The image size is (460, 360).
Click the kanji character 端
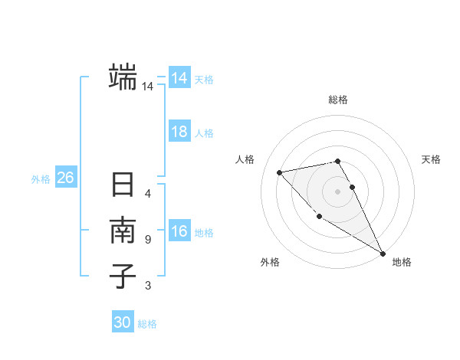123,77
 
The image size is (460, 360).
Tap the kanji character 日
123,186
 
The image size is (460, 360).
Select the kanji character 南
123,231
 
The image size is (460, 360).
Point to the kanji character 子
123,276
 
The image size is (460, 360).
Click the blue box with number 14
179,78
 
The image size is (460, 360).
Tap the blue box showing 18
179,132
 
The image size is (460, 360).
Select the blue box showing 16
179,232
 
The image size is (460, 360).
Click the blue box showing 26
65,178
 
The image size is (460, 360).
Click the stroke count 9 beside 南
148,240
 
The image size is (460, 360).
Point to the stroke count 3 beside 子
148,286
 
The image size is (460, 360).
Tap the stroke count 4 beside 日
148,194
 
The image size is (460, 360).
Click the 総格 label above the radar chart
338,100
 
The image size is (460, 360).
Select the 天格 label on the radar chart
431,159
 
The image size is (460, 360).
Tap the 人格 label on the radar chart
245,159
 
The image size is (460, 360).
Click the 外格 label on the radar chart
270,262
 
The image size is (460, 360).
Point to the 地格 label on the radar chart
402,262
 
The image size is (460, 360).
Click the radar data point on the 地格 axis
383,253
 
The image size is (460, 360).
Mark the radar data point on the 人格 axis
280,172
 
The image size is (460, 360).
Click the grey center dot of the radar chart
338,191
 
